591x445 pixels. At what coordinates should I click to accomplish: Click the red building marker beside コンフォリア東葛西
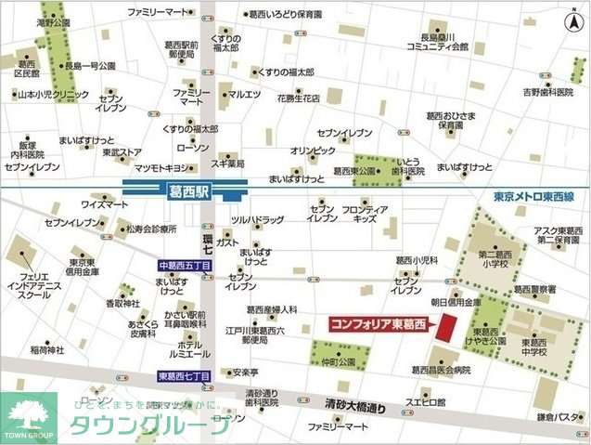[446, 327]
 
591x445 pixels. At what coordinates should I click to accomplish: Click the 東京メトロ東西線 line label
[535, 197]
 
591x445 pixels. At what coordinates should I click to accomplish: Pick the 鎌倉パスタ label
[559, 416]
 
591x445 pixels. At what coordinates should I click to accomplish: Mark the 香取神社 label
[121, 303]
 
